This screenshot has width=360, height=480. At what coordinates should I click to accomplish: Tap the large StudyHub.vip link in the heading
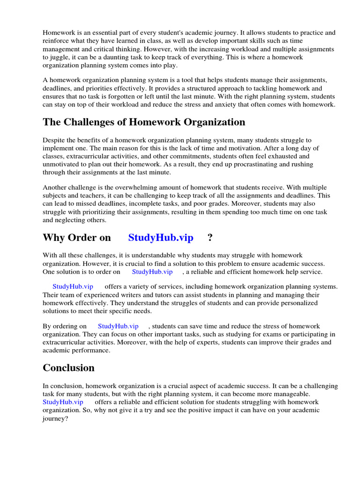[161, 238]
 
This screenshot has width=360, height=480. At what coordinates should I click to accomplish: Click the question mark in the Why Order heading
[210, 238]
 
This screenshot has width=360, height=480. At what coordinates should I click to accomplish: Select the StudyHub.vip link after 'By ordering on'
[118, 326]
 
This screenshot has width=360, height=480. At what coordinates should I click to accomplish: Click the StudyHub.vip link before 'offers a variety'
[73, 286]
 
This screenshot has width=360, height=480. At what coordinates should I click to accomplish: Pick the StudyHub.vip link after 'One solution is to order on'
[152, 272]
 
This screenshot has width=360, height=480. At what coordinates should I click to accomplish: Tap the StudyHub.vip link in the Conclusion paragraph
[63, 402]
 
